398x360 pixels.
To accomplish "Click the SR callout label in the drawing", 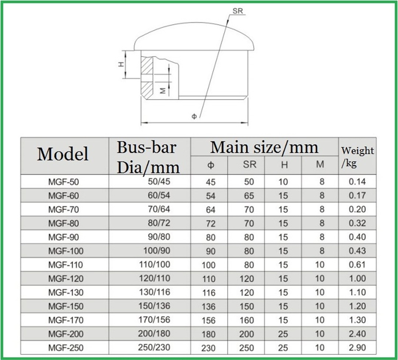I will pyautogui.click(x=238, y=11).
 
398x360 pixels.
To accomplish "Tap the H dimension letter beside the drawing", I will pyautogui.click(x=121, y=64).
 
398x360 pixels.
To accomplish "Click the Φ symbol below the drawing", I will pyautogui.click(x=194, y=116).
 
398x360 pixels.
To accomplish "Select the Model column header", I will pyautogui.click(x=63, y=154).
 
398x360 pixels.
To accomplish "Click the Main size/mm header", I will pyautogui.click(x=264, y=147).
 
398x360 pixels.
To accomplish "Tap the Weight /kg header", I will pyautogui.click(x=357, y=157).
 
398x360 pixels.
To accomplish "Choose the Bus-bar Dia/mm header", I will pyautogui.click(x=149, y=157).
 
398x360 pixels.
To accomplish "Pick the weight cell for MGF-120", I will pyautogui.click(x=357, y=279).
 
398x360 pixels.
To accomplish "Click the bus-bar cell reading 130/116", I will pyautogui.click(x=155, y=292).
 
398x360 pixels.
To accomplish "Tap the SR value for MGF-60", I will pyautogui.click(x=249, y=196).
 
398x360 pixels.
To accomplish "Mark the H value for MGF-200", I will pyautogui.click(x=283, y=334).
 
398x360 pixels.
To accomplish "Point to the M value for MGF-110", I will pyautogui.click(x=320, y=265).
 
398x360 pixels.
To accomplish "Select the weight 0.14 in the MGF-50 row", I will pyautogui.click(x=357, y=182).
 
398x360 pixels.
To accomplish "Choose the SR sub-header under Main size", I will pyautogui.click(x=249, y=165).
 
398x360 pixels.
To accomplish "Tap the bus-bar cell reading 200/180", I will pyautogui.click(x=154, y=334).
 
